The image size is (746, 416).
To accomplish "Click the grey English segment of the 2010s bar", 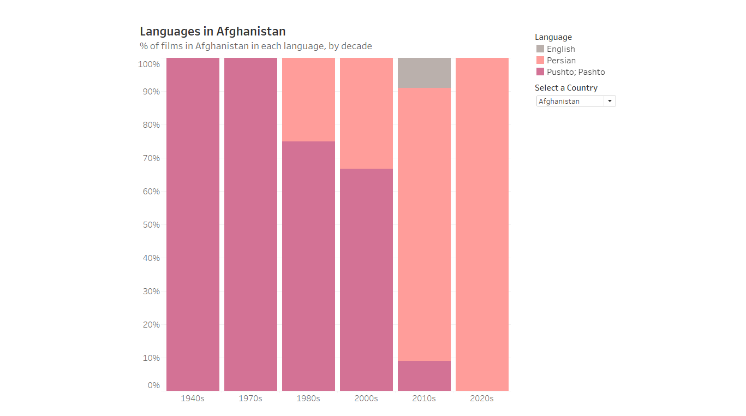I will tap(424, 73).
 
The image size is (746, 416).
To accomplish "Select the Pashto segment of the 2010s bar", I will tap(424, 376).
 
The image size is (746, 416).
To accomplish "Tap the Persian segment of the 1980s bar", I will tap(308, 99).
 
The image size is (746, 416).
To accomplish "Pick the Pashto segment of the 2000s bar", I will tap(366, 280).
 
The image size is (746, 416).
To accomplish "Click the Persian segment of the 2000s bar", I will tap(366, 113).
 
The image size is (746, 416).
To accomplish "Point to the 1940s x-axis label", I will tap(193, 399).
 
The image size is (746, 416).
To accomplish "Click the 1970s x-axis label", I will tap(250, 399).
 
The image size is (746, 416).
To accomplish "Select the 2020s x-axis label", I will tap(482, 399).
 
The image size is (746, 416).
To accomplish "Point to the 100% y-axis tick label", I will tap(149, 64).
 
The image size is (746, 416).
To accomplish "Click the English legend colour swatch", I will tap(540, 49).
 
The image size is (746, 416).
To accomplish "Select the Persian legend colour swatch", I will tap(540, 60).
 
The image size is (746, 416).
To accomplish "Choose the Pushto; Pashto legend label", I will tap(576, 72).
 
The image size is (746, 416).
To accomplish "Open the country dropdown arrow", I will tap(610, 101).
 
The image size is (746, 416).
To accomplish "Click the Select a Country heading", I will tap(566, 88).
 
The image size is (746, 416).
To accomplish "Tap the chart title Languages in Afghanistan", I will tap(213, 32).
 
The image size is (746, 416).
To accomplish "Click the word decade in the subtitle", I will tap(356, 46).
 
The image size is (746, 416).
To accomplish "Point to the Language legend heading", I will tap(553, 37).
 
